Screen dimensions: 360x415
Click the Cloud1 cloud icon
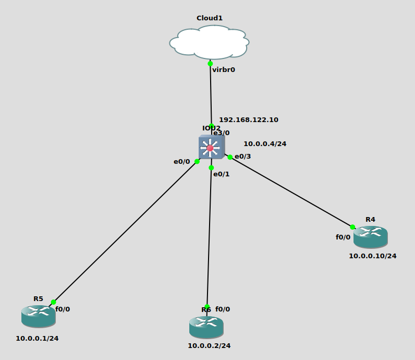pos(209,42)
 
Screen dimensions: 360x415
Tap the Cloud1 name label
pos(209,18)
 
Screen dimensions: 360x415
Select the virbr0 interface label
pos(224,69)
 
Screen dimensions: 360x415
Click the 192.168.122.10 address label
pos(248,119)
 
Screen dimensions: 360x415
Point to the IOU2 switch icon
pos(211,148)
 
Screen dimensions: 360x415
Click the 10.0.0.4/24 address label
pos(265,143)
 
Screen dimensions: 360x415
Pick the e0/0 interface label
pos(182,162)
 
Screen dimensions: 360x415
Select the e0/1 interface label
pos(222,174)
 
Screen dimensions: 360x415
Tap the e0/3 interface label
pos(243,157)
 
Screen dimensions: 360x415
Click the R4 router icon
pos(370,237)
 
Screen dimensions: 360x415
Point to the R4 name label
pos(370,219)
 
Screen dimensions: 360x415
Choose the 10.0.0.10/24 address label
pos(372,256)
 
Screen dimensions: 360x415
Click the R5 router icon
pos(39,316)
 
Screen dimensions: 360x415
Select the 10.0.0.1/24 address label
pos(37,338)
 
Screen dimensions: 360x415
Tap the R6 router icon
pos(206,327)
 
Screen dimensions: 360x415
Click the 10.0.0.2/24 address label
pos(209,345)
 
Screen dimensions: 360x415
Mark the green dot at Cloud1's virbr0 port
pos(210,64)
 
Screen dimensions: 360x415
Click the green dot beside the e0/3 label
pos(230,157)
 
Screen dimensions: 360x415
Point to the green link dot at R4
pos(352,227)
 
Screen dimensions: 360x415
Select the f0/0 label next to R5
pos(63,309)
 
